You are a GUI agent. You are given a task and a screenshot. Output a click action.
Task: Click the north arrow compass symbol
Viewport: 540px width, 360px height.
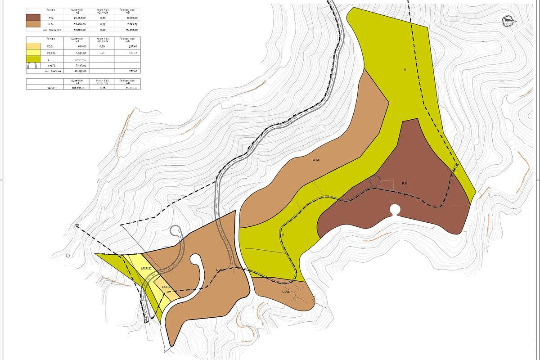pos(509,20)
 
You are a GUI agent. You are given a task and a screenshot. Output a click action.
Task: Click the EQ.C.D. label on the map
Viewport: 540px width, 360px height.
pos(147,268)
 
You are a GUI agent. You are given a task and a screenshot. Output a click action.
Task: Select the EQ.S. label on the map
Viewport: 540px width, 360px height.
pos(165,287)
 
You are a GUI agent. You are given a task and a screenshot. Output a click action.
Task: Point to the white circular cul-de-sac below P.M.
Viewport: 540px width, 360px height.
pos(395,210)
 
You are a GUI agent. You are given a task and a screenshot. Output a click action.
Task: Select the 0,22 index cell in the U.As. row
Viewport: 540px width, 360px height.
pos(103,23)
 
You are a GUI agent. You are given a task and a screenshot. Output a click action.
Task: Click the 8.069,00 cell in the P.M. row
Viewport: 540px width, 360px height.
pos(127,17)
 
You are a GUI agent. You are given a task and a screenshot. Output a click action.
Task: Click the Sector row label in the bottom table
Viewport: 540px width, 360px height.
pos(50,88)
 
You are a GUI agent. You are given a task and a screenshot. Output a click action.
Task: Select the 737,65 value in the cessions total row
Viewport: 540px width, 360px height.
pos(127,71)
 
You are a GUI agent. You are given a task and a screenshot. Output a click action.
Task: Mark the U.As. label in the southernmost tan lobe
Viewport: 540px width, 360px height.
pos(285,292)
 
